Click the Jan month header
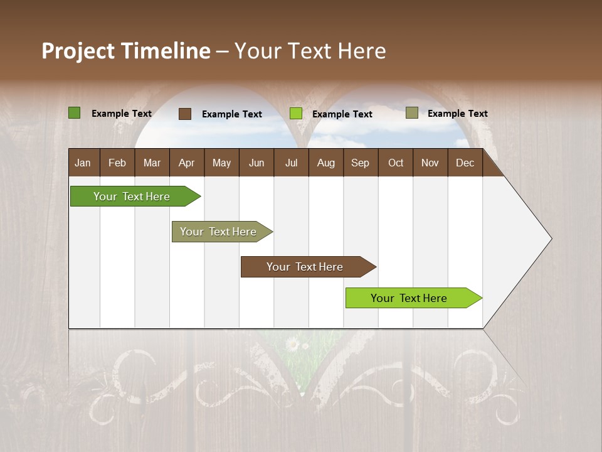[x=83, y=163]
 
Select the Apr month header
[x=186, y=163]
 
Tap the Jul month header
[x=291, y=163]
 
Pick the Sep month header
[x=360, y=163]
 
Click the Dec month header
[x=465, y=163]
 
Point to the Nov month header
[x=430, y=163]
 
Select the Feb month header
[x=117, y=163]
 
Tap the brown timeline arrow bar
[x=305, y=267]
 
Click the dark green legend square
[x=74, y=113]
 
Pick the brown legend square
[x=184, y=114]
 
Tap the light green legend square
[x=295, y=114]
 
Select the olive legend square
[x=411, y=113]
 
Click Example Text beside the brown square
[x=231, y=114]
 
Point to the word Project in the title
[x=78, y=51]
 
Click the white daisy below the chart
[x=292, y=344]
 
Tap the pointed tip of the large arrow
[x=551, y=239]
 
